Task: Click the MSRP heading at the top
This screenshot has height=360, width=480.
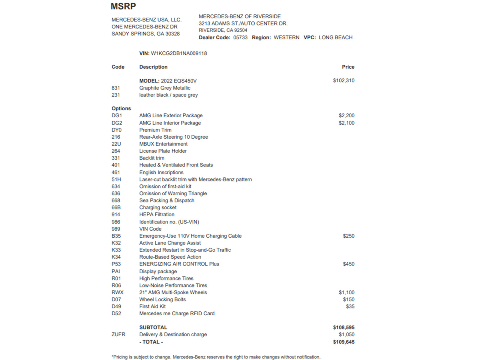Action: (123, 6)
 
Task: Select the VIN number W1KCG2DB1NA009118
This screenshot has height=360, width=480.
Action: (179, 53)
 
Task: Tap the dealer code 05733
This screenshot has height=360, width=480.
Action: (240, 37)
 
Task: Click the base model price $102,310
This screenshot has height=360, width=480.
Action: (343, 80)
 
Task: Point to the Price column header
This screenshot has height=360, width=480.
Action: (348, 67)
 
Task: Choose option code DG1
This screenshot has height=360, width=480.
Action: (117, 115)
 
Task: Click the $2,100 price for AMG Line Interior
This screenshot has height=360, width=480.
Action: (346, 123)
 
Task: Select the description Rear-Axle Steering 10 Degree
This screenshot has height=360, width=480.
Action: (173, 137)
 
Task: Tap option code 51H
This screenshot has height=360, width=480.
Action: (116, 179)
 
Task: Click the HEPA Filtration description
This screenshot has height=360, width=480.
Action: (157, 214)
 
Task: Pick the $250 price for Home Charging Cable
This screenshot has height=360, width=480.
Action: (349, 236)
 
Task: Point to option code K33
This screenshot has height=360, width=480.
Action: (116, 250)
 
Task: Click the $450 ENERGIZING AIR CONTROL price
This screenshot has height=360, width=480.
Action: (349, 264)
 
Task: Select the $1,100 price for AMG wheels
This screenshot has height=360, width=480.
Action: (346, 292)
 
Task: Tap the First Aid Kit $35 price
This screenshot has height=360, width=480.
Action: (350, 306)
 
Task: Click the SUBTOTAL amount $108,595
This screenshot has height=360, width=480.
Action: (343, 327)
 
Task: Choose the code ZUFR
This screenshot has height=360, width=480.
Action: (118, 334)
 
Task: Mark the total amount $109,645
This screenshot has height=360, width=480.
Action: (343, 342)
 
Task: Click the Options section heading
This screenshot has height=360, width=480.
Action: (121, 108)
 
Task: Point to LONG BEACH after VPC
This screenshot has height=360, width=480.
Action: (335, 37)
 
